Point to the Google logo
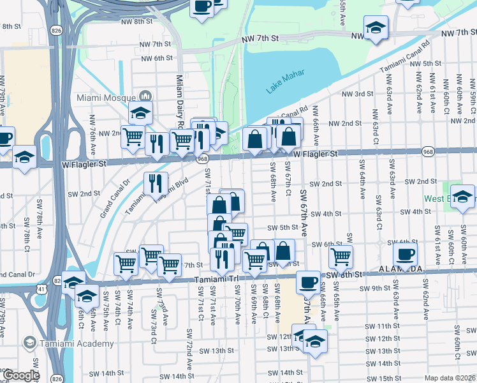21,375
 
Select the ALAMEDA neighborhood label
400,269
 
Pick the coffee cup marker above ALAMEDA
404,254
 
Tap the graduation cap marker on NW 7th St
376,27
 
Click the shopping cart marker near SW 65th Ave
341,257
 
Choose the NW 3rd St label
360,94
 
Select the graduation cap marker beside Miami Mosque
140,113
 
